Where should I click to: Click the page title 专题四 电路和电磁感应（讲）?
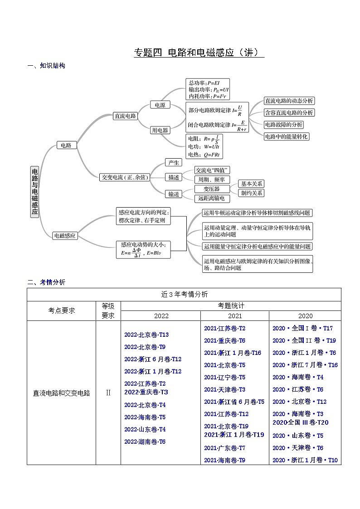(199, 53)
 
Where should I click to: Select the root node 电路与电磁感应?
(35, 191)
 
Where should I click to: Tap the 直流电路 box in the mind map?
(125, 116)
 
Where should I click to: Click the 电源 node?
(160, 105)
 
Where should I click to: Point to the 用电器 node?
(160, 130)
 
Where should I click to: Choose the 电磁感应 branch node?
(65, 236)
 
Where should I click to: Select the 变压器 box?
(211, 189)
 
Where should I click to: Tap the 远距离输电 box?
(211, 198)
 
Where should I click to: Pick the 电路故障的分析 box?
(284, 124)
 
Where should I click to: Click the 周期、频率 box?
(211, 179)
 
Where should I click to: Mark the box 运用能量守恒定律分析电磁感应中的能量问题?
(257, 246)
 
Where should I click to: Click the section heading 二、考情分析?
(46, 282)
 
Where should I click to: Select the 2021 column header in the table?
(235, 316)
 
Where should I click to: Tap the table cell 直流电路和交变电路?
(62, 393)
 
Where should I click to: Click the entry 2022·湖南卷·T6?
(145, 441)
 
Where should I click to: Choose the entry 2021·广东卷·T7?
(224, 448)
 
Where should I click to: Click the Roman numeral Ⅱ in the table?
(108, 393)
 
